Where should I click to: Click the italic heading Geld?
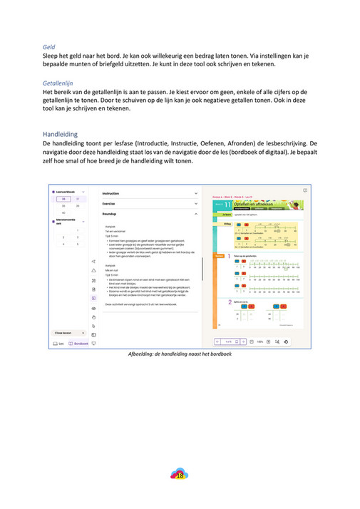click(x=48, y=47)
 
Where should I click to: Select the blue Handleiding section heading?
click(x=59, y=133)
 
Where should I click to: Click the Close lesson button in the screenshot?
click(x=66, y=333)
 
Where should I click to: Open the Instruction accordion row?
click(x=111, y=193)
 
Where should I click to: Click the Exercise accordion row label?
click(x=109, y=203)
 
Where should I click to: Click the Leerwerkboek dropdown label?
click(x=66, y=192)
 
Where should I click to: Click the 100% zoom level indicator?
click(x=260, y=341)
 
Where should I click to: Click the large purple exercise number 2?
click(x=230, y=301)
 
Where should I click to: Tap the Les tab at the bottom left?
click(x=58, y=344)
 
